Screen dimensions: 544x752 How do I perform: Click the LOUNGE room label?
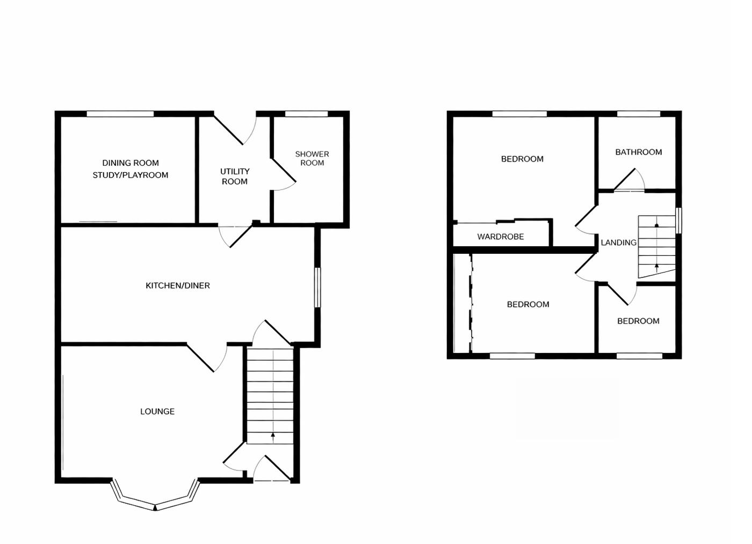tap(157, 411)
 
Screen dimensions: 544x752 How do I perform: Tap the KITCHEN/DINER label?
tap(178, 285)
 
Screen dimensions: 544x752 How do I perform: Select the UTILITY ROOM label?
tap(235, 176)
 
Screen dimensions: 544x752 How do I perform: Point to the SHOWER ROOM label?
tap(312, 158)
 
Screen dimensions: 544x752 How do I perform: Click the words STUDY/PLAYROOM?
tap(131, 175)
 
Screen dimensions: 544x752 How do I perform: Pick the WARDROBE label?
tap(500, 237)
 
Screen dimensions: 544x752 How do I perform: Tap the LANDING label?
tap(618, 242)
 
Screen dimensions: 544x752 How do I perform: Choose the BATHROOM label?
tap(638, 152)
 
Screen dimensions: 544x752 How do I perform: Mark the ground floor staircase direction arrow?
tap(273, 437)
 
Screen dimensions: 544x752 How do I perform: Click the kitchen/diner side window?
tap(317, 288)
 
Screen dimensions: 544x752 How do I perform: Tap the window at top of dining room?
tap(120, 114)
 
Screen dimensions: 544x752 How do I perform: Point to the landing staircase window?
tap(678, 220)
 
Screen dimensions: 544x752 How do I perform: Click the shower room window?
tap(306, 114)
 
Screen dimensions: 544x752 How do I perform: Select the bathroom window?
tap(638, 114)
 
